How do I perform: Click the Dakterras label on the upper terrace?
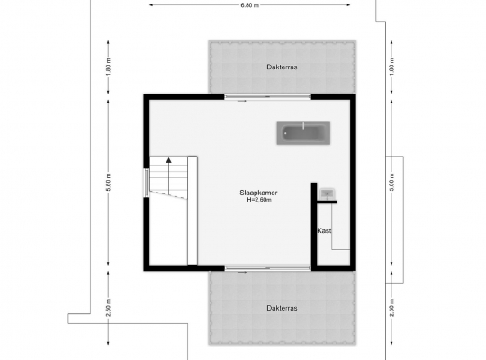click(282, 67)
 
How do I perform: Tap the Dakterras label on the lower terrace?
click(282, 308)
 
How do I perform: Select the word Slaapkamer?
click(258, 193)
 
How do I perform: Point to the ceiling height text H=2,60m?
click(259, 200)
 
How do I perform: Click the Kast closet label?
click(324, 230)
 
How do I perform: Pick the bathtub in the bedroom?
click(303, 133)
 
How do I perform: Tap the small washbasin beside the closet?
click(327, 193)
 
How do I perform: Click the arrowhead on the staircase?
click(168, 160)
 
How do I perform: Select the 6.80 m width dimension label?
click(250, 5)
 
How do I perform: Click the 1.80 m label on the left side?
click(108, 67)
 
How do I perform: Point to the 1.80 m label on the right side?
click(391, 67)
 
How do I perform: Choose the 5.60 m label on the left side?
click(108, 183)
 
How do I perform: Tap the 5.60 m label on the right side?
click(391, 183)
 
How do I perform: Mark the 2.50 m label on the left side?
click(108, 308)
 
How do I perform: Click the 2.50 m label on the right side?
click(391, 308)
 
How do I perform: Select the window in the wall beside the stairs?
click(147, 183)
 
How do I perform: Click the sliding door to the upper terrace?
click(267, 97)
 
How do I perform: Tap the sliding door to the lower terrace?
click(267, 268)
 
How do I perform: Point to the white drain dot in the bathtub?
click(285, 133)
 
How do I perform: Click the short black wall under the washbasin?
click(327, 202)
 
